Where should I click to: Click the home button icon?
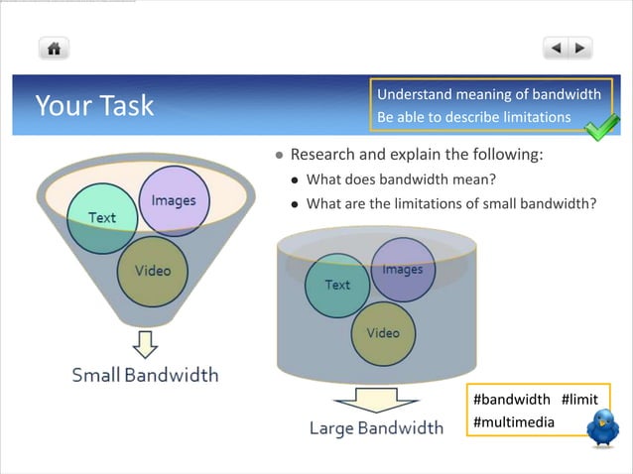click(x=54, y=48)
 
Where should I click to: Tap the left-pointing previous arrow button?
click(x=556, y=48)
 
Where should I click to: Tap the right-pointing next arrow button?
click(x=579, y=48)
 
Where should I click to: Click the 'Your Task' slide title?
click(x=94, y=105)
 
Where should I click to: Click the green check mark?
click(x=600, y=128)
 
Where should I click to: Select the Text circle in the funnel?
click(x=101, y=218)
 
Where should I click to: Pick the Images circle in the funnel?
click(x=174, y=200)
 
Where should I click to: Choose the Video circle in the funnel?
click(x=152, y=271)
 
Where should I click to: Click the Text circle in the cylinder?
click(x=337, y=285)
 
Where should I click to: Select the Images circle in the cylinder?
click(x=402, y=270)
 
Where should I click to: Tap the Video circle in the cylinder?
click(x=383, y=333)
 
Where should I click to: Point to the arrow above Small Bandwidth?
click(x=146, y=343)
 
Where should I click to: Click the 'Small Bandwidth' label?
click(x=145, y=375)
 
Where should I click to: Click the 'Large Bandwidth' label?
click(x=376, y=428)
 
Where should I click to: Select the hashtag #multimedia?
click(x=514, y=422)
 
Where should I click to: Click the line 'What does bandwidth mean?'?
click(x=401, y=179)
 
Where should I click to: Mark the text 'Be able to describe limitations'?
click(x=473, y=117)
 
